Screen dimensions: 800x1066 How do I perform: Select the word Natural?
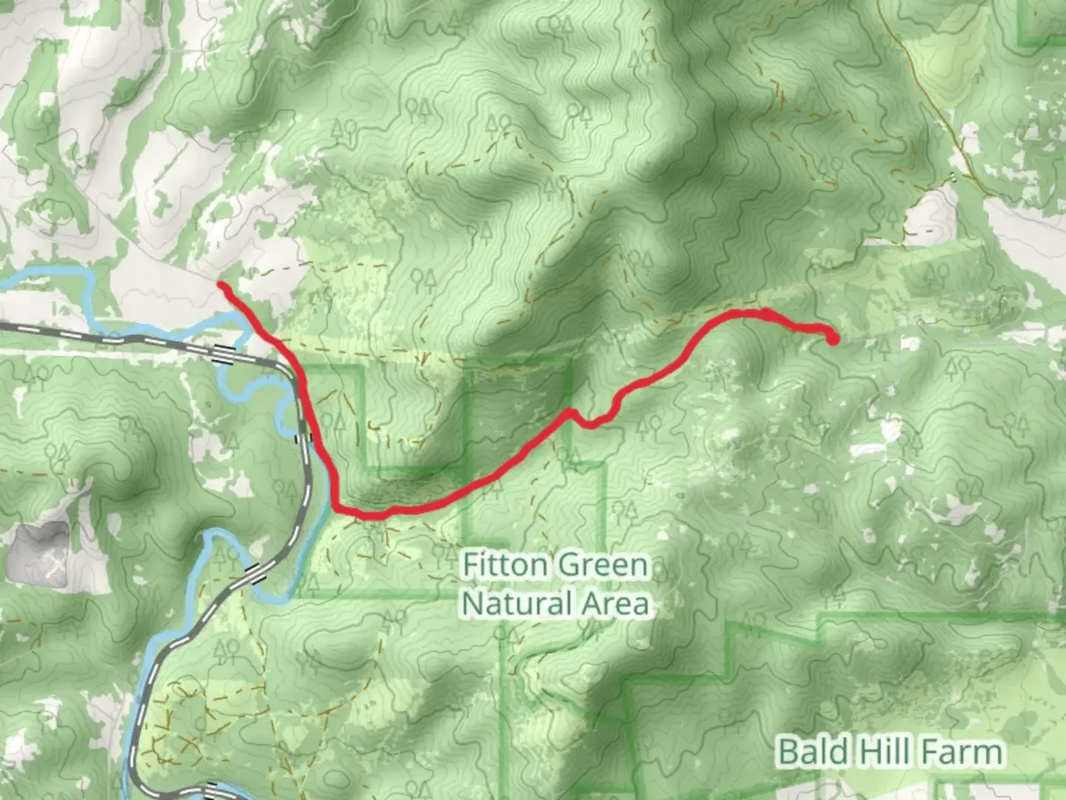coord(517,604)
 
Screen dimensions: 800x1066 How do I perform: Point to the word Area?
coord(616,604)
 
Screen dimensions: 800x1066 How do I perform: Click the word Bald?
coord(813,753)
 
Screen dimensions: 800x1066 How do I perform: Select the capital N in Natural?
coord(472,604)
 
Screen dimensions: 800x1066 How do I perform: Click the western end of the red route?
coord(221,285)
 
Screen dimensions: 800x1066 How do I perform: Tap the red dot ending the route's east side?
coord(833,339)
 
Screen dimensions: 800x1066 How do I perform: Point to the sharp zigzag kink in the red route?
coord(571,412)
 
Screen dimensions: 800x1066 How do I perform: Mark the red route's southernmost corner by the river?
coord(338,508)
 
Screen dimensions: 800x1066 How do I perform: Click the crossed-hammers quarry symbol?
coord(56,567)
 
